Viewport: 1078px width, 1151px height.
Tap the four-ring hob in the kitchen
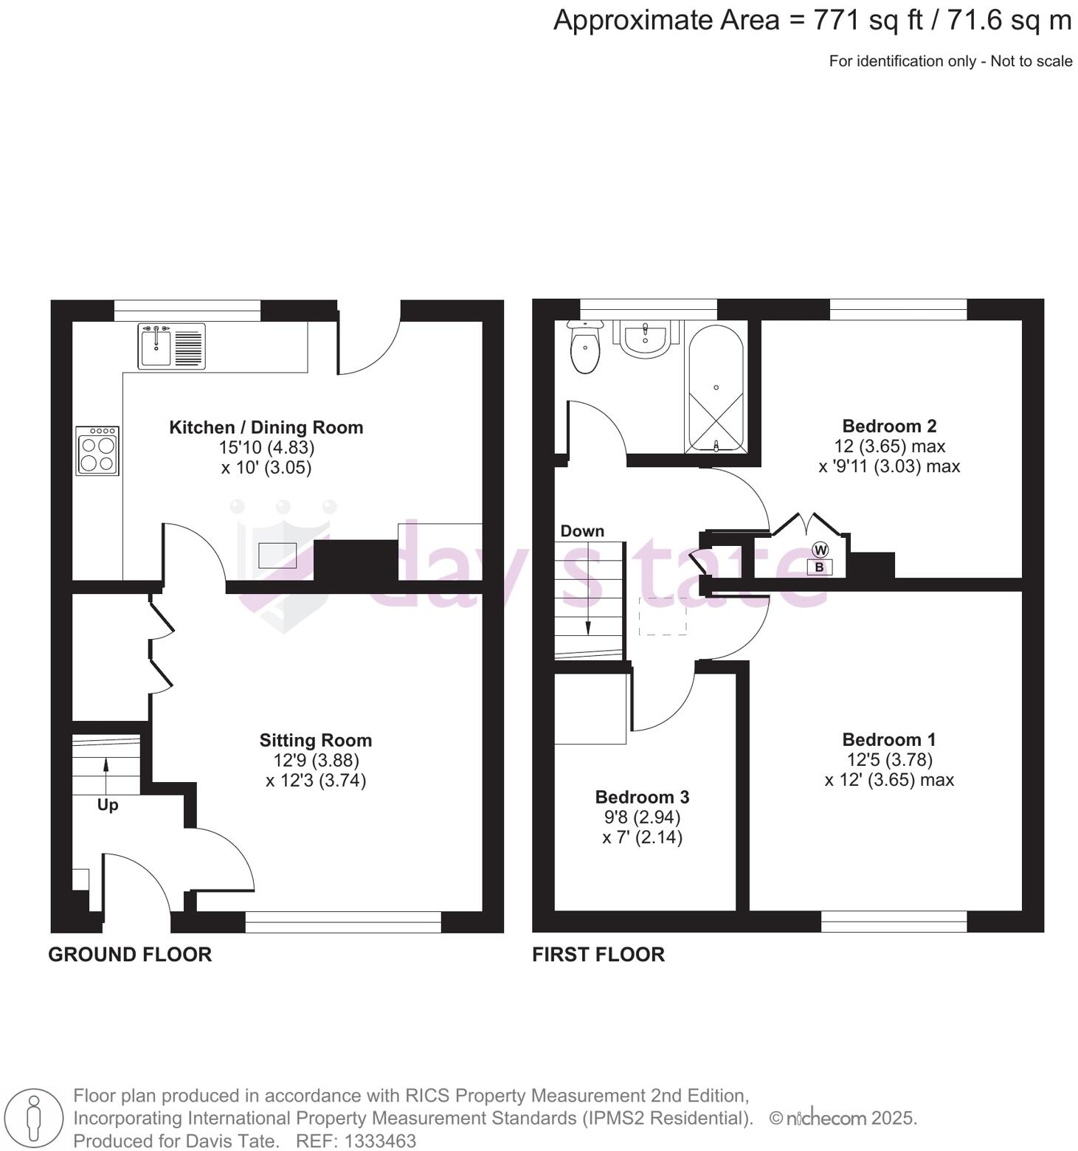[x=97, y=451]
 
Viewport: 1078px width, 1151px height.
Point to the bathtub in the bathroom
[x=715, y=388]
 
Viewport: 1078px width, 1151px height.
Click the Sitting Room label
[x=315, y=740]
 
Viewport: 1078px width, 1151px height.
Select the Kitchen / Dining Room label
[x=266, y=427]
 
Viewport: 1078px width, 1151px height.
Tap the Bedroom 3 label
[x=642, y=797]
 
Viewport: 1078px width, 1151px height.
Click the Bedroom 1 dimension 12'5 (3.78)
[x=889, y=759]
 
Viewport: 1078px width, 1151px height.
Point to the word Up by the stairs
[x=108, y=805]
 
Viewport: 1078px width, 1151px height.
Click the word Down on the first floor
[x=582, y=531]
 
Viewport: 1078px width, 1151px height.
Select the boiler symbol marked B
[x=819, y=567]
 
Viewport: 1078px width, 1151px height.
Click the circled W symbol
[x=820, y=550]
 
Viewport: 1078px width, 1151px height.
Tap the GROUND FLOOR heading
[x=130, y=955]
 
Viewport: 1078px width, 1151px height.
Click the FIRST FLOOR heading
[x=598, y=955]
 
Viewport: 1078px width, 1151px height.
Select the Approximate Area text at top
[x=812, y=21]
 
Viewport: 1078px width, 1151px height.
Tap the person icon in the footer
[x=32, y=1118]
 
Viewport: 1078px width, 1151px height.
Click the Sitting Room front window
[x=343, y=922]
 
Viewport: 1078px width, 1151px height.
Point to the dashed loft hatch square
[x=663, y=616]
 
